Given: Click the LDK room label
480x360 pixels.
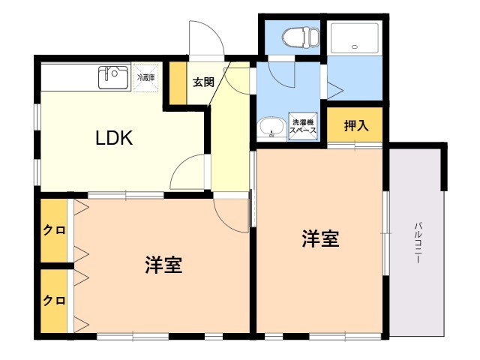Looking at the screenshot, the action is pos(114,138).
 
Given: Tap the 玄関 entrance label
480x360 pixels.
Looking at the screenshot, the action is pos(203,82).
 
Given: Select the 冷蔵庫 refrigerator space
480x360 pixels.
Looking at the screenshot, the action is pos(146,78).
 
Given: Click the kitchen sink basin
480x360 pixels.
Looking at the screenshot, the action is pos(113,77).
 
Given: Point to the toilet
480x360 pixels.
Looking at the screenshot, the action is pos(300,37).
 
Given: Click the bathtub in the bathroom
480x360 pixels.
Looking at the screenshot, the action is pos(355,38).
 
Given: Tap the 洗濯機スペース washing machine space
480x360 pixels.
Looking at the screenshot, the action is pos(303,127).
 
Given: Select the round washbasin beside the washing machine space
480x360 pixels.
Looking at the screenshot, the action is pos(271,128).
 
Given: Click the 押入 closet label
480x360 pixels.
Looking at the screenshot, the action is pos(355,125).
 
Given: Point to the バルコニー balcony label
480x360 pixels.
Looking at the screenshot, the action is pos(418,243).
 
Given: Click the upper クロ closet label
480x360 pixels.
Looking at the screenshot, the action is pos(54,230).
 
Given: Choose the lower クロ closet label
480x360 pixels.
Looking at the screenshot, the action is pos(54,300).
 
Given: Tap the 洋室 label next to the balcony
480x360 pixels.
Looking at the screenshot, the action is pos(320,238).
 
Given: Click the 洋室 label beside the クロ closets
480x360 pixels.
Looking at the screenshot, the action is pos(163,265).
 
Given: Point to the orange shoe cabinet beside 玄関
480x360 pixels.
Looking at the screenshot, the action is pos(178,83).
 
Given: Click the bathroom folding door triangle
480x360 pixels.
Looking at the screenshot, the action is pos(335,90).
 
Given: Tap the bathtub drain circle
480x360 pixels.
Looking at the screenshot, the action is pos(355,46).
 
